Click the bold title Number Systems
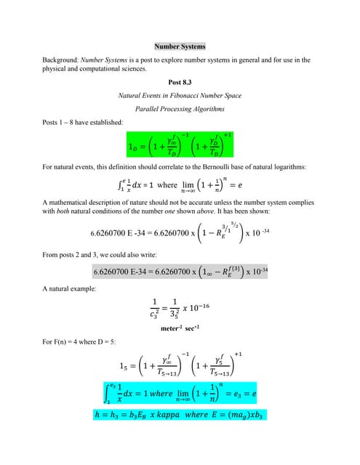pos(180,46)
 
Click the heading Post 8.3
pos(180,82)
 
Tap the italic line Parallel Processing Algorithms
pos(180,109)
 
